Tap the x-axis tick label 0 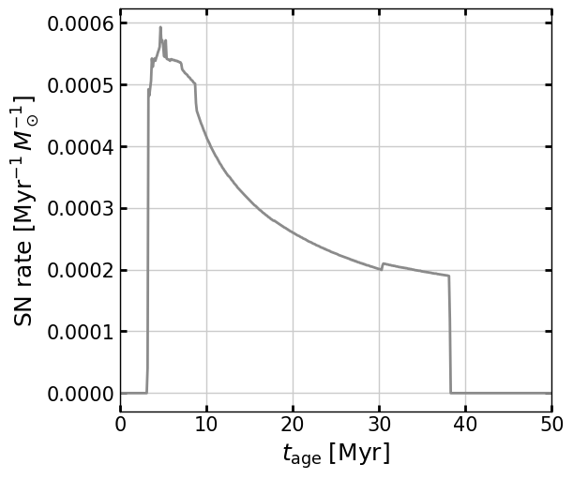(x=120, y=424)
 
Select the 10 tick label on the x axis (x=206, y=424)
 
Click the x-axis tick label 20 (x=293, y=424)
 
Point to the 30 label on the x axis (x=379, y=424)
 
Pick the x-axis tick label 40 (x=465, y=424)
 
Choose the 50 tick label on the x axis (x=551, y=424)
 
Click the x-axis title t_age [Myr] (x=336, y=454)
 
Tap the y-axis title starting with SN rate (x=26, y=210)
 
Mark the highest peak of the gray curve (x=160, y=28)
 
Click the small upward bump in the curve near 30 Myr (x=383, y=264)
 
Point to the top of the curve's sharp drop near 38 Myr (x=448, y=277)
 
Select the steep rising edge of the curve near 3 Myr (x=148, y=234)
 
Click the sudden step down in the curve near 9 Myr (x=196, y=97)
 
